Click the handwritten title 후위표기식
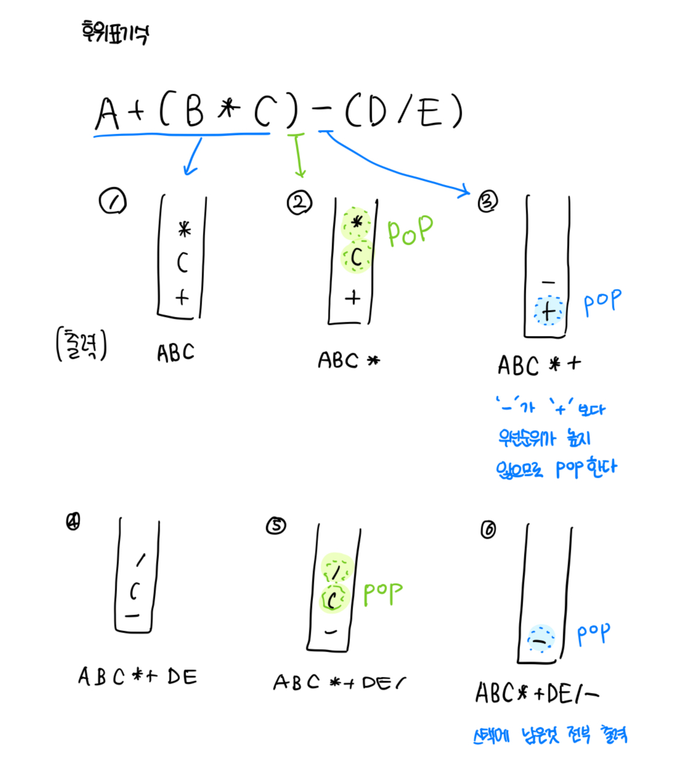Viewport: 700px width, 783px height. pos(115,32)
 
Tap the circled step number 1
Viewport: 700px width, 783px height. pos(113,202)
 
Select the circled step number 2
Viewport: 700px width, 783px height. pos(299,202)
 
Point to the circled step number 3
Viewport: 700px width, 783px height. pos(487,201)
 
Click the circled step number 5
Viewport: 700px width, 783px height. pos(276,525)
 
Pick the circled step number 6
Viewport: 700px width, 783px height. pos(488,530)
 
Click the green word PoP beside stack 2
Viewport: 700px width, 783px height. pos(410,231)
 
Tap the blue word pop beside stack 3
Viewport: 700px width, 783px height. pos(602,302)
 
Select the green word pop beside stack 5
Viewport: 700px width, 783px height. pos(382,593)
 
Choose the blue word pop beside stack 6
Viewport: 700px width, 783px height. pos(593,633)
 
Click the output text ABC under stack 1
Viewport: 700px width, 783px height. pos(176,353)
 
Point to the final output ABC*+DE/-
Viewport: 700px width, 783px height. pos(536,694)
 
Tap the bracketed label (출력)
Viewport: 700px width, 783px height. pos(81,345)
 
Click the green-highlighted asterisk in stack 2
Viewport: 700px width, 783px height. pos(356,223)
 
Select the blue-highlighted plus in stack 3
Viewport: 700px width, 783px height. pos(548,311)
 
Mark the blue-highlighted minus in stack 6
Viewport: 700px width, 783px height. pos(540,641)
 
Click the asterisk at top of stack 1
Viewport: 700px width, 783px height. pos(184,230)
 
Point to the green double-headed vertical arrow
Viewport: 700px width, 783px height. pos(298,154)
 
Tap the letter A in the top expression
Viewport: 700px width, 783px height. pos(107,113)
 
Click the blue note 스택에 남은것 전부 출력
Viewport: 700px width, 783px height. pos(550,735)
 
